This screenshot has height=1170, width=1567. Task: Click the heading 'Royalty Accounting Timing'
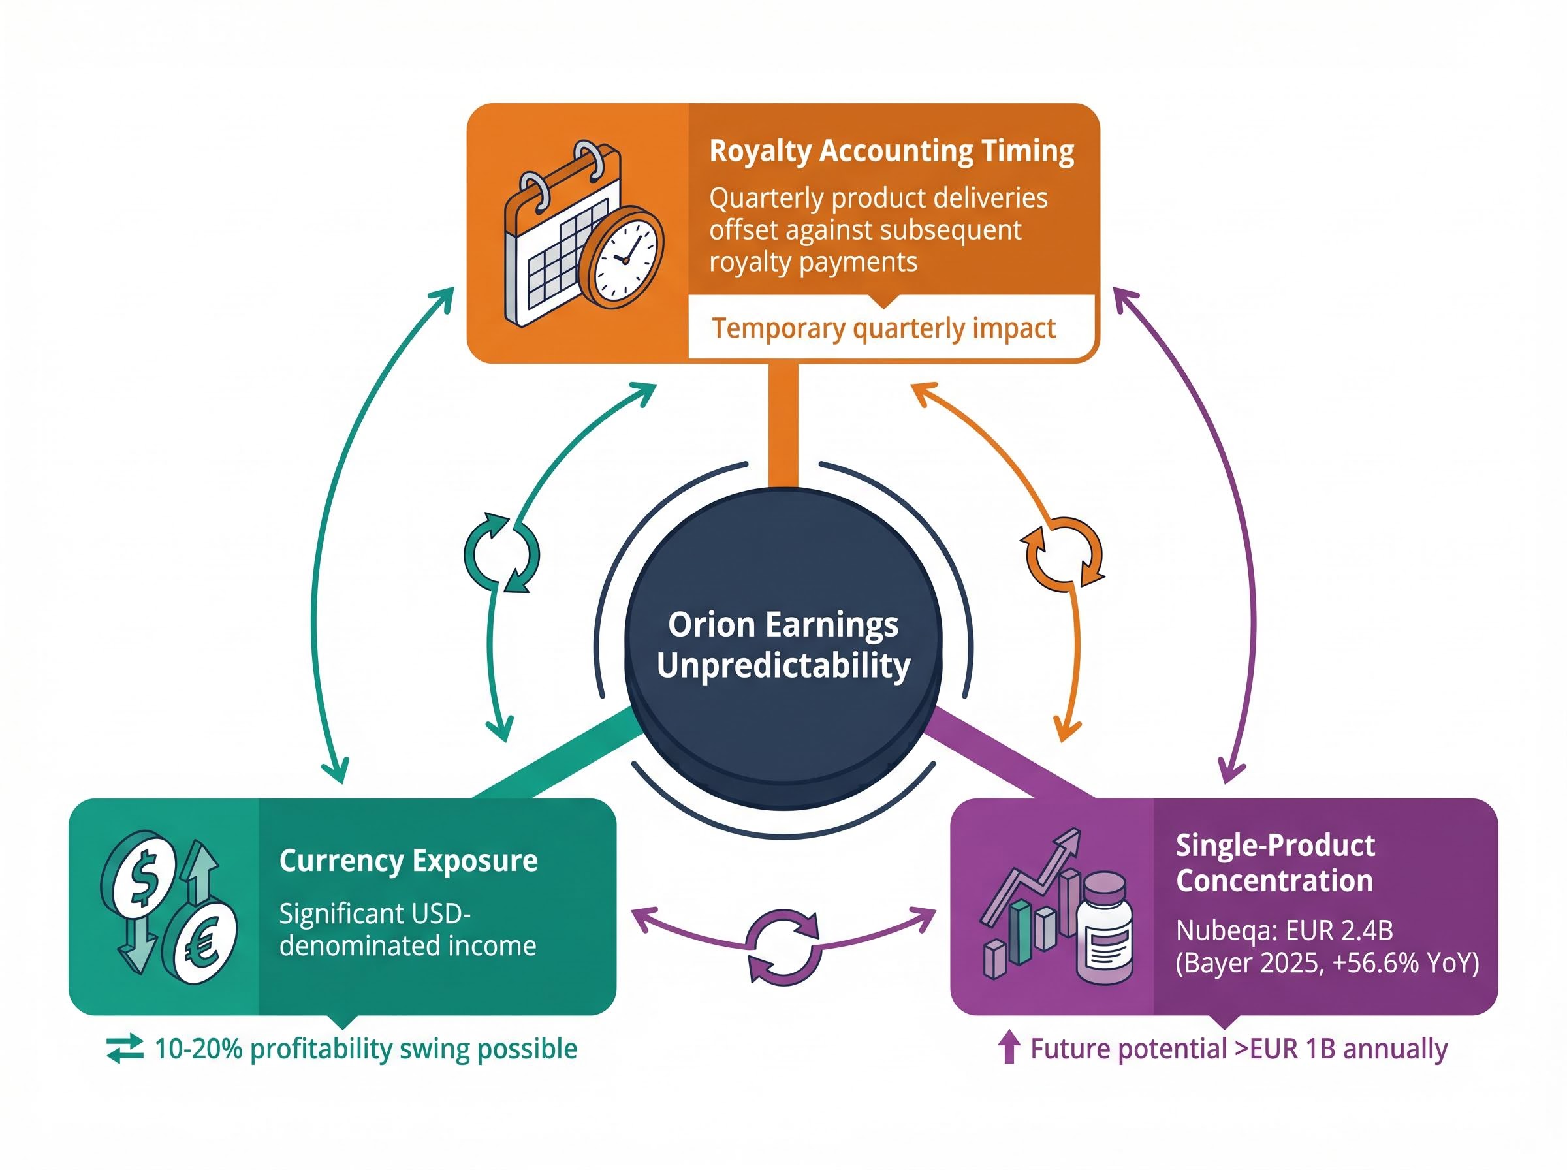[891, 151]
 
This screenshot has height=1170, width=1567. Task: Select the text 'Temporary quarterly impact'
[883, 328]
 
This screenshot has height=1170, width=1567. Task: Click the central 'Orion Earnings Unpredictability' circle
[782, 644]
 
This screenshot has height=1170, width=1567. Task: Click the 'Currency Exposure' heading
[409, 861]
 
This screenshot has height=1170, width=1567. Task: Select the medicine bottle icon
[1104, 928]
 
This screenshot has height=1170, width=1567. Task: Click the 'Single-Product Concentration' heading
[1274, 862]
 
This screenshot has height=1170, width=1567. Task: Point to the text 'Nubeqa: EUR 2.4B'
[1284, 930]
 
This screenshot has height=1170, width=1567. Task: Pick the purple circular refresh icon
[785, 947]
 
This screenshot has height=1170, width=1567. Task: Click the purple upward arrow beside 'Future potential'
[1008, 1047]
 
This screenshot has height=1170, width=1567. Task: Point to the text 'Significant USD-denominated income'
[407, 930]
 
